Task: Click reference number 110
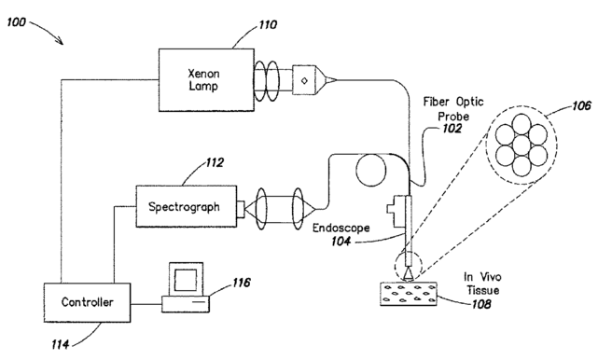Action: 268,25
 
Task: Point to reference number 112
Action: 215,162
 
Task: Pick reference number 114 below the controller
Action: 61,344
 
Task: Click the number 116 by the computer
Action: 242,283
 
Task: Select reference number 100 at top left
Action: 16,22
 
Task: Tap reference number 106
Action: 581,105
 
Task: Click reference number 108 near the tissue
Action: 481,304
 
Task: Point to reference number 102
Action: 452,129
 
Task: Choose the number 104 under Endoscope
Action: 341,242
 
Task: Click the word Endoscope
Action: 341,228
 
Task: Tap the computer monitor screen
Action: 186,280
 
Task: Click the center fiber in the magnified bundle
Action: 522,145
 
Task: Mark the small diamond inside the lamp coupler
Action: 304,81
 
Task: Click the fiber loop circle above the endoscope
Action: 370,170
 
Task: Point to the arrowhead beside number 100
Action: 60,40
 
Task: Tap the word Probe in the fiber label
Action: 453,117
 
